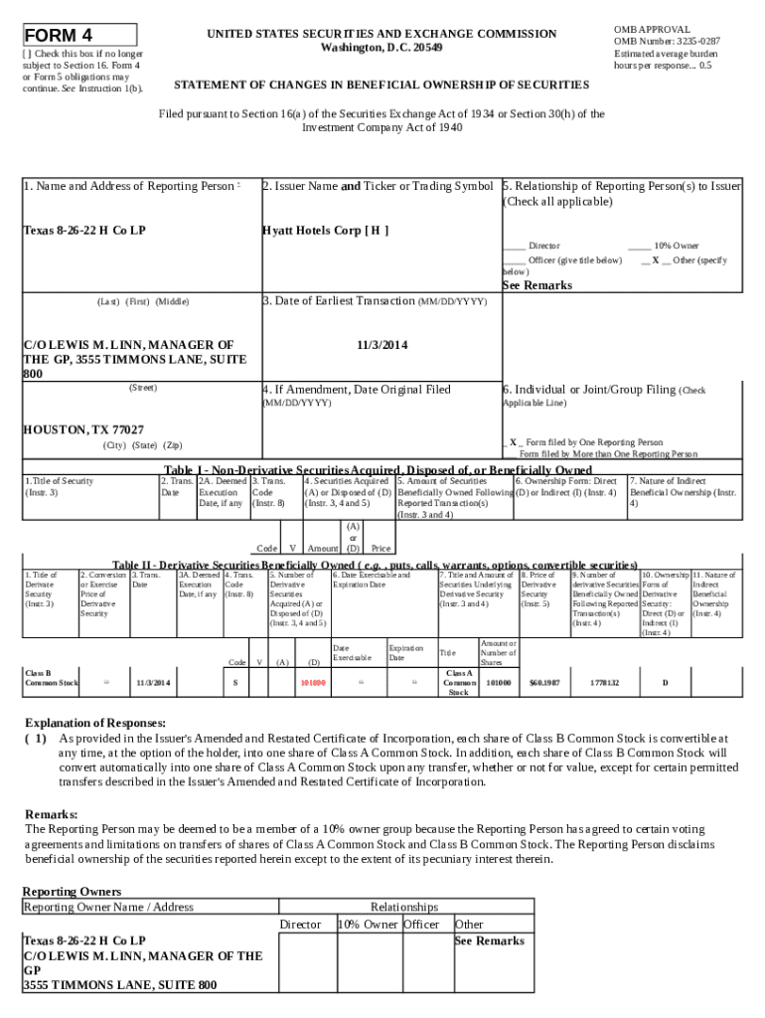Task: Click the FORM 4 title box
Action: tap(79, 35)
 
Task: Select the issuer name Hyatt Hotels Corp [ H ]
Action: tap(325, 231)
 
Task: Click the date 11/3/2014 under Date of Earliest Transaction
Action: tap(382, 345)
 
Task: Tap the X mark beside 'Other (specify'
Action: tap(654, 260)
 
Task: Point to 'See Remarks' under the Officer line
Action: tap(536, 285)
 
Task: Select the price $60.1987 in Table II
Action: tap(544, 683)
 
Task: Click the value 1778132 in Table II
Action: tap(603, 683)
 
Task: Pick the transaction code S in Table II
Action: tap(234, 683)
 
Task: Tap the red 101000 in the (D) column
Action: tap(313, 683)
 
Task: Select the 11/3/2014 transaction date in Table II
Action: tap(153, 683)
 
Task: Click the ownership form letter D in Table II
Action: tap(665, 683)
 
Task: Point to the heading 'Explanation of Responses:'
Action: tap(94, 723)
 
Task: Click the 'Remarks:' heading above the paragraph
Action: tap(52, 814)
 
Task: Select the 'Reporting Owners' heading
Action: tap(72, 892)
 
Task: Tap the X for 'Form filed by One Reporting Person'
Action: tap(513, 442)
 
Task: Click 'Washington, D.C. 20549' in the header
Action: tap(382, 48)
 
